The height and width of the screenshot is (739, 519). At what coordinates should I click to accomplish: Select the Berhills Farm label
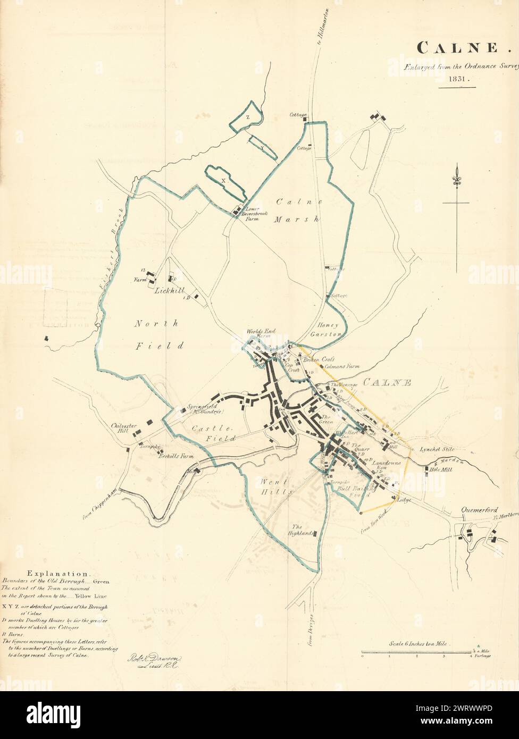(x=175, y=456)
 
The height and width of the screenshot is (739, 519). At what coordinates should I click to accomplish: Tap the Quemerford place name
(x=479, y=509)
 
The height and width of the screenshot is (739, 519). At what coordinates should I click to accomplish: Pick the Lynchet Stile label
(x=437, y=449)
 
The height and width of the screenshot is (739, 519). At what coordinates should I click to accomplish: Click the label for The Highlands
(x=303, y=530)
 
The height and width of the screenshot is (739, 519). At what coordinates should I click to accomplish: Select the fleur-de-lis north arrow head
(x=456, y=178)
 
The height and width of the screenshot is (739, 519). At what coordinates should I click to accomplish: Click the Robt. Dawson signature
(x=154, y=659)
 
